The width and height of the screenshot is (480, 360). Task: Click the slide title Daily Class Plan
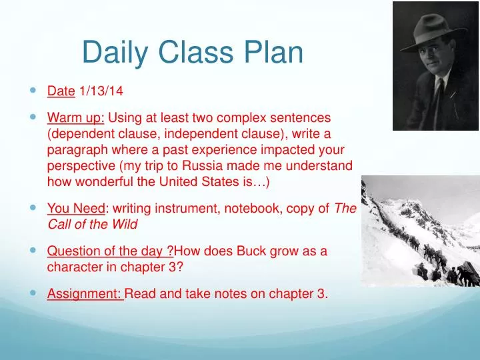(193, 53)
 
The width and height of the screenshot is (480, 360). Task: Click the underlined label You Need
(73, 209)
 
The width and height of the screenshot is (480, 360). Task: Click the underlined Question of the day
(109, 251)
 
